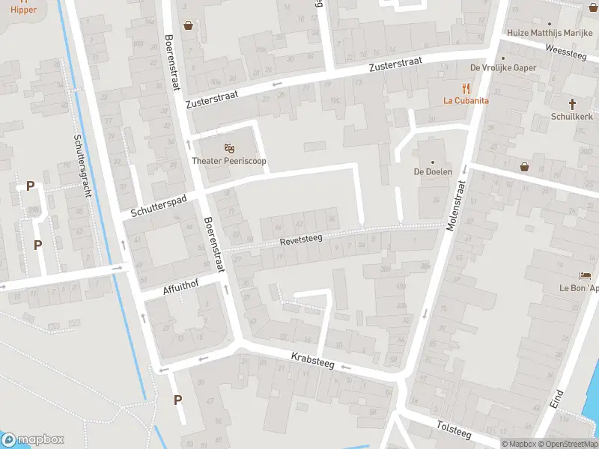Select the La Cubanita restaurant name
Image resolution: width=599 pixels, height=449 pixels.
[466, 100]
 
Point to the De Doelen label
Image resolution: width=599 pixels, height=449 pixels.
[432, 172]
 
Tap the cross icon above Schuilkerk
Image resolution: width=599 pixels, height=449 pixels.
[572, 103]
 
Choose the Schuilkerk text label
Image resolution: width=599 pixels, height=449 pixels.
[572, 117]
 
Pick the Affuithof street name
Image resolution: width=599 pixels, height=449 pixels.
[183, 288]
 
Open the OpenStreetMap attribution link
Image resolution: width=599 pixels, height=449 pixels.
[567, 444]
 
